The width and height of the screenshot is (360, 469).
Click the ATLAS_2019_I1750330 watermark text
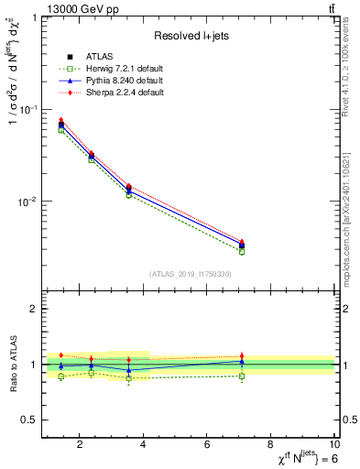pos(190,274)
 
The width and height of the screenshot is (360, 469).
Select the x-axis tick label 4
pos(144,446)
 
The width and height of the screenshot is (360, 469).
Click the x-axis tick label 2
pos(81,446)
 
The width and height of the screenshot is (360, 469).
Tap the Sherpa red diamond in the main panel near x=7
pos(242,242)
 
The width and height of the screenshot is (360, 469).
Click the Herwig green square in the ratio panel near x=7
pos(242,376)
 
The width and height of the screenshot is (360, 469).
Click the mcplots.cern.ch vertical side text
pos(350,220)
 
